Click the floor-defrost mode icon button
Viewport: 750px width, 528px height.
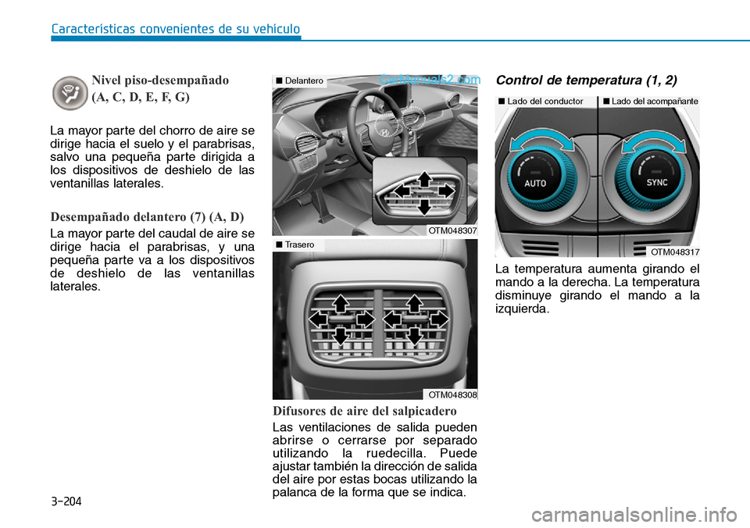(x=70, y=92)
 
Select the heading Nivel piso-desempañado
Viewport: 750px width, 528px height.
(x=160, y=80)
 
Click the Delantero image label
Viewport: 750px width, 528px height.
(x=300, y=80)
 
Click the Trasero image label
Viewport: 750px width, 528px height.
(x=297, y=244)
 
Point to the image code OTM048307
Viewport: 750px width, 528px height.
(x=452, y=230)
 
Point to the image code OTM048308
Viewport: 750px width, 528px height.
(x=452, y=394)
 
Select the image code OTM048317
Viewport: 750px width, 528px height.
(x=674, y=252)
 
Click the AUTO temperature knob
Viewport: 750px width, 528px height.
(x=535, y=181)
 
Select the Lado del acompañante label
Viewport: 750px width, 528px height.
(x=650, y=102)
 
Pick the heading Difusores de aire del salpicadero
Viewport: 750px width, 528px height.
(x=364, y=411)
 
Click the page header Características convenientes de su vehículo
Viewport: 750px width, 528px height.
(x=175, y=30)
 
